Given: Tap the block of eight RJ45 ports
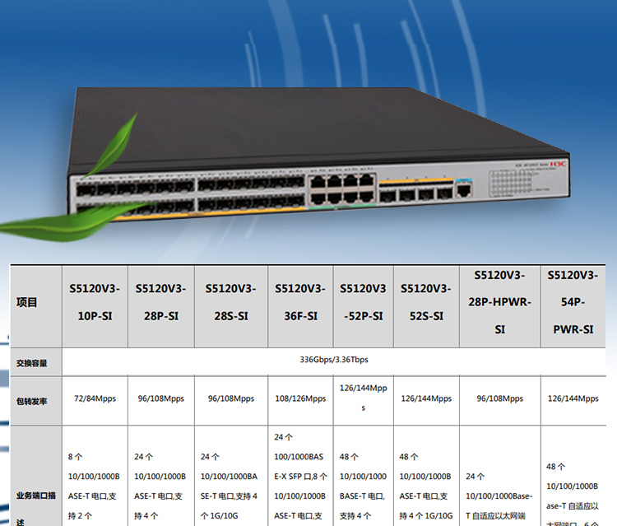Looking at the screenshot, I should (340, 189).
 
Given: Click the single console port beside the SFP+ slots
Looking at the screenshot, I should (465, 191).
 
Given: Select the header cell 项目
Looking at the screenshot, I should (27, 302).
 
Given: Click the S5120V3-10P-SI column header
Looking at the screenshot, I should (95, 302).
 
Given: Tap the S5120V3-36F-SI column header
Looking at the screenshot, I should (299, 302).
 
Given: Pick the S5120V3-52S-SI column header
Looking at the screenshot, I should (426, 302).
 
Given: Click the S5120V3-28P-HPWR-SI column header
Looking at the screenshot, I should (499, 302).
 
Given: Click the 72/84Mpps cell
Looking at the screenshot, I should (95, 398).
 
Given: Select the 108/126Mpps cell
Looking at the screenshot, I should (299, 398).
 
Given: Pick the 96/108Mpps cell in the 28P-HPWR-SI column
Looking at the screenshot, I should (499, 398).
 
